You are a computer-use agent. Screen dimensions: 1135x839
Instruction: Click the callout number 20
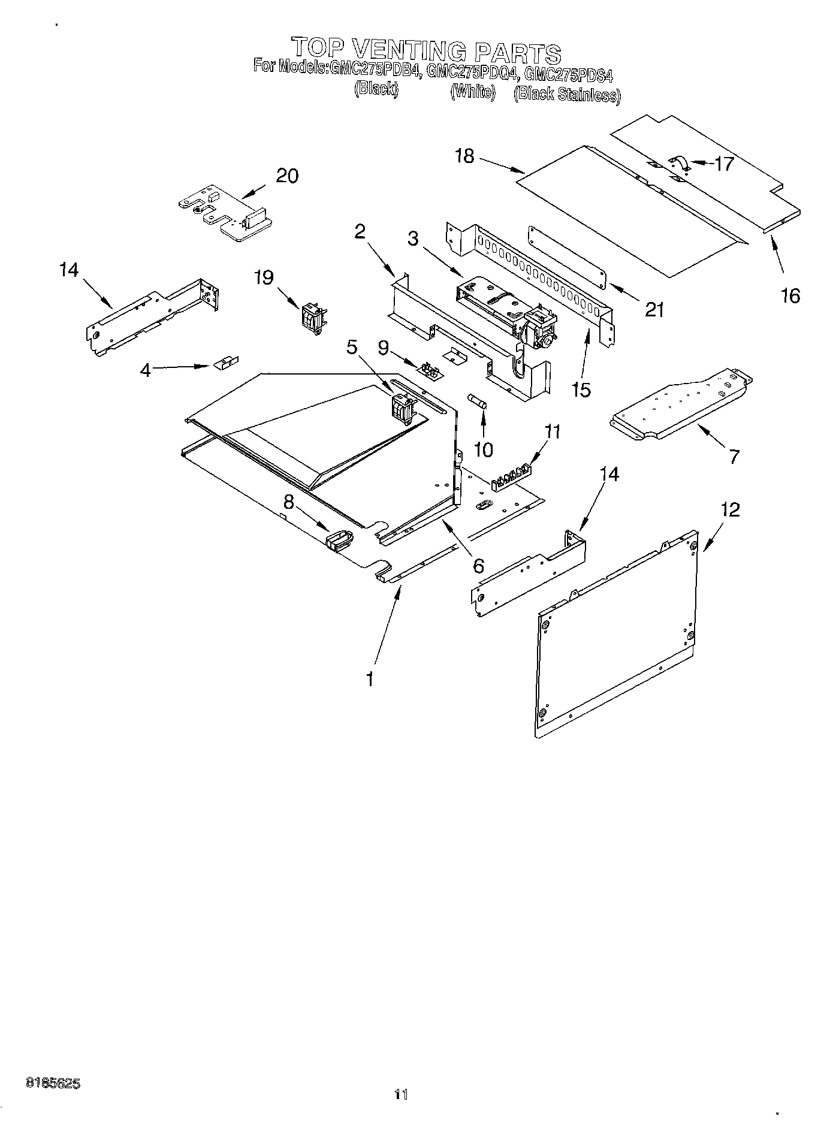[x=287, y=176]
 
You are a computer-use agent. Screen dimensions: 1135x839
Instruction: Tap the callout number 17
[x=724, y=164]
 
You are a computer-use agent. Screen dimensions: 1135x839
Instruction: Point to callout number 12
[x=730, y=510]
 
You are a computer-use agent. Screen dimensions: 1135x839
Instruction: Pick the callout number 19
[x=264, y=277]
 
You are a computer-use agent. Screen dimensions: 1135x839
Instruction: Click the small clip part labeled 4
[x=226, y=363]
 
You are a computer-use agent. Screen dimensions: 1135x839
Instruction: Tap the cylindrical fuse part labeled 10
[x=479, y=401]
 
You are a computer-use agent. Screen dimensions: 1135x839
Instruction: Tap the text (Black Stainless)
[x=567, y=94]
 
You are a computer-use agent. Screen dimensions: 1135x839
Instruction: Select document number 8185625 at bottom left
[x=53, y=1101]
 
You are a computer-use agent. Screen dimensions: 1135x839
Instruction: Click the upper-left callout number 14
[x=69, y=270]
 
